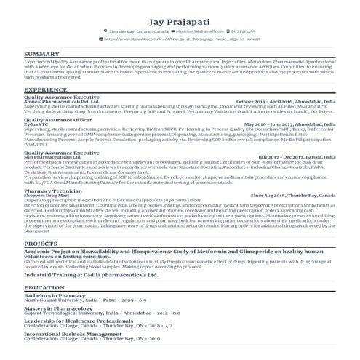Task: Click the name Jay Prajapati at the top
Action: pyautogui.click(x=180, y=21)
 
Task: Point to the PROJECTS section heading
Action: pyautogui.click(x=41, y=244)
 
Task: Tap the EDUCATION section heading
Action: pyautogui.click(x=44, y=288)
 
